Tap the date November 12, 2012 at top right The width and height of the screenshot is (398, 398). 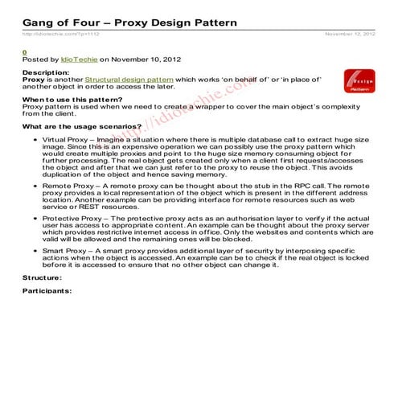click(x=350, y=35)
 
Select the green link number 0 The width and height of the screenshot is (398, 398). click(x=24, y=52)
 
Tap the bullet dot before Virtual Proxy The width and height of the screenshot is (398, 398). click(x=32, y=139)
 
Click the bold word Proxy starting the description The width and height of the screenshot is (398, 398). click(x=33, y=80)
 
